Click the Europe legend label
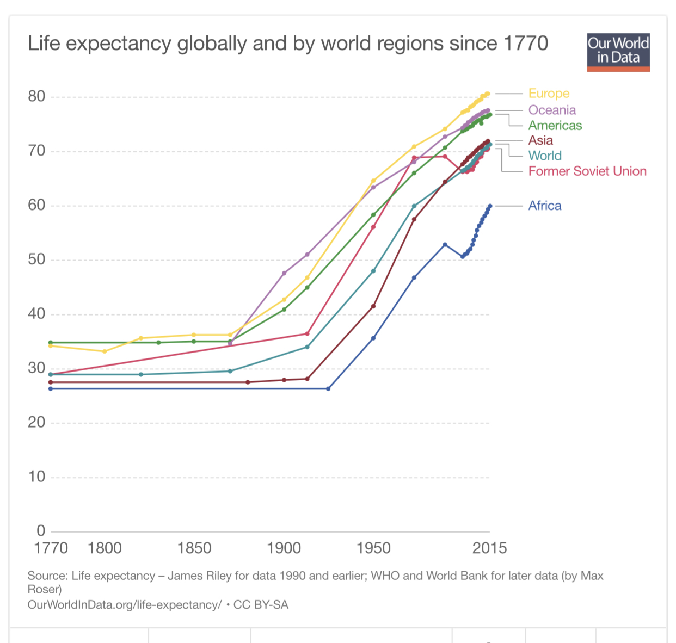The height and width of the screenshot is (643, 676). coord(549,94)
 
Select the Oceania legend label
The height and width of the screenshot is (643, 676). coord(552,110)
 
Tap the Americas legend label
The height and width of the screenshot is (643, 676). coord(555,126)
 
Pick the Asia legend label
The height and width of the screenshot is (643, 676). coord(540,140)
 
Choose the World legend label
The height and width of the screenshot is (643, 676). coord(545,156)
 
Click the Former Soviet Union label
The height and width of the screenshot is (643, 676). coord(587,171)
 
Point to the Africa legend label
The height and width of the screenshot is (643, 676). coord(544,206)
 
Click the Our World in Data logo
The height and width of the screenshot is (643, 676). coord(618,52)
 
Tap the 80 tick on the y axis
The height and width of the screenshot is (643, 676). coord(36,97)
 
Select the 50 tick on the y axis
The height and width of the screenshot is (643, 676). coord(36,259)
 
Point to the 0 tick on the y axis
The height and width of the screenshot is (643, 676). coord(41,530)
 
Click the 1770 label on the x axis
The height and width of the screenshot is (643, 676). coord(51,548)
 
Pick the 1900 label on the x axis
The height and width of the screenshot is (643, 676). coord(284,548)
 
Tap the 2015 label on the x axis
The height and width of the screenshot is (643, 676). coord(489,548)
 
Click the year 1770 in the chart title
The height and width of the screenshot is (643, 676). coord(526,44)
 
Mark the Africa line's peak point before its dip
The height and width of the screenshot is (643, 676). coord(445,245)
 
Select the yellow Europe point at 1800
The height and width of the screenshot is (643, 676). coord(105,351)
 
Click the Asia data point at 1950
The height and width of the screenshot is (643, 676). coord(373,306)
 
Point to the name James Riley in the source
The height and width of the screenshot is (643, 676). coord(201,576)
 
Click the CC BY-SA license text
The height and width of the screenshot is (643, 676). coord(261,605)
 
